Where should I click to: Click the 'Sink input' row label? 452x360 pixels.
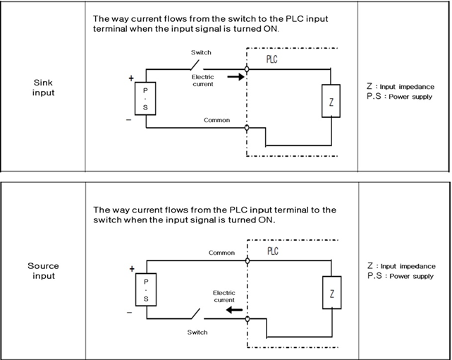click(x=43, y=87)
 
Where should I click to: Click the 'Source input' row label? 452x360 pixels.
click(x=43, y=271)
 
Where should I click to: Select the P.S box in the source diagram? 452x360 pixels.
click(x=146, y=289)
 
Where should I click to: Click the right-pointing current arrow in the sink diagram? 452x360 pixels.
click(x=236, y=77)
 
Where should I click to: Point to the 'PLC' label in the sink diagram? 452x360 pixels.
click(x=271, y=59)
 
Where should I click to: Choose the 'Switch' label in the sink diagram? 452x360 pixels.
click(x=201, y=52)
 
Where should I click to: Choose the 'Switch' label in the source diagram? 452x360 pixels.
click(x=197, y=331)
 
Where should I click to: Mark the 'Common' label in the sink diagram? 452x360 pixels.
click(x=216, y=120)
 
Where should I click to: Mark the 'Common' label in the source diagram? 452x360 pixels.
click(x=221, y=252)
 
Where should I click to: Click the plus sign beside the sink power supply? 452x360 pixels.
click(x=131, y=77)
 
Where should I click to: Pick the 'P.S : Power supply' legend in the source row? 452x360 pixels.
click(x=400, y=276)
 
